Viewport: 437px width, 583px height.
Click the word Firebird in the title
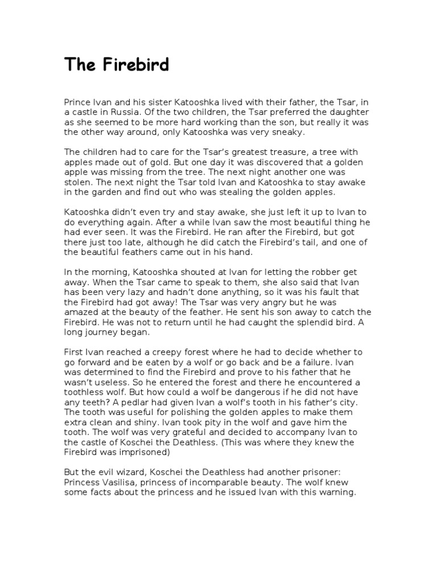click(137, 65)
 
